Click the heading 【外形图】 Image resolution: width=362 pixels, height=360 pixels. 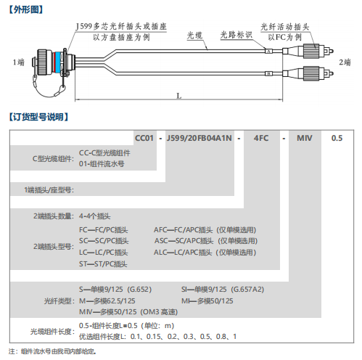tap(26, 10)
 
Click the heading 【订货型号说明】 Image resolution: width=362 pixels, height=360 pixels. tap(38, 117)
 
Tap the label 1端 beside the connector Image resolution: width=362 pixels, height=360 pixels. tap(19, 62)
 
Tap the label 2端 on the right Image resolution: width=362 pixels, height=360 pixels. tap(345, 62)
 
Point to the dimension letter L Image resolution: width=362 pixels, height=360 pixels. tap(179, 96)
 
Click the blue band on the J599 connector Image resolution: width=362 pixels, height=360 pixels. tap(57, 62)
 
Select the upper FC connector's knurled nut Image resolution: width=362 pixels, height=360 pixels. tap(311, 51)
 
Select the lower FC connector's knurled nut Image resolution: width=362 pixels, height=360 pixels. tap(311, 73)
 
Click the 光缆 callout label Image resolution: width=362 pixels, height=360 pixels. tap(194, 36)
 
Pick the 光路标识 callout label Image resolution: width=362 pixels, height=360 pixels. tap(236, 35)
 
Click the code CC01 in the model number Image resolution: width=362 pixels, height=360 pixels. tap(144, 138)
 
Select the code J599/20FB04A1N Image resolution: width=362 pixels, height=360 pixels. tap(199, 138)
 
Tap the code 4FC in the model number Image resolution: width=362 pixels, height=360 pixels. tap(261, 138)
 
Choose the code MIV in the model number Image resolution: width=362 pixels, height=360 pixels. tap(305, 138)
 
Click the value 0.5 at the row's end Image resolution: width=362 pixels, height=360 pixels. tap(337, 138)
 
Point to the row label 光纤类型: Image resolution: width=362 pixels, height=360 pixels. tap(59, 301)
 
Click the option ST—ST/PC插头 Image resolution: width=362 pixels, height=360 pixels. tap(103, 264)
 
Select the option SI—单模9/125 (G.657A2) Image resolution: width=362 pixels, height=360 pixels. tap(223, 290)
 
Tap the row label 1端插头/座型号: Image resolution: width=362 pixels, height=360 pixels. tap(49, 190)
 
